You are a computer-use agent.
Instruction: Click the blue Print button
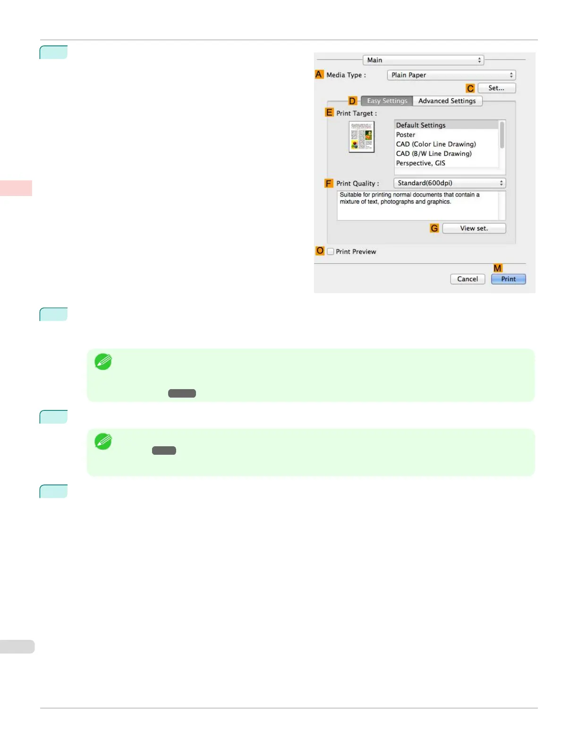click(x=508, y=279)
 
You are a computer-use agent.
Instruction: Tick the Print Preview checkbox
click(x=331, y=252)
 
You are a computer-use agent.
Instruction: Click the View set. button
click(x=474, y=229)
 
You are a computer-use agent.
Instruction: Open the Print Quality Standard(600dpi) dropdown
click(x=449, y=183)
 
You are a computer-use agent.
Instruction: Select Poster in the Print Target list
click(x=406, y=135)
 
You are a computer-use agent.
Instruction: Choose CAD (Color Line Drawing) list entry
click(x=436, y=144)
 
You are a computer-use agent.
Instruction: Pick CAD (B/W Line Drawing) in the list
click(x=433, y=153)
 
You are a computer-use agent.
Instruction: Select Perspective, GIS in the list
click(x=420, y=163)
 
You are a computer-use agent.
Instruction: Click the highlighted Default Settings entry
click(x=421, y=125)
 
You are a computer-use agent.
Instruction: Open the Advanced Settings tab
click(x=447, y=101)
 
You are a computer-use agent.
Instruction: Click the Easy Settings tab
click(x=387, y=101)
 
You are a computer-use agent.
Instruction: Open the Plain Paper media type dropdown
click(x=451, y=75)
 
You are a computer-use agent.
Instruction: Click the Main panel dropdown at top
click(x=423, y=60)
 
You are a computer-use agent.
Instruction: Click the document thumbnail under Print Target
click(x=362, y=137)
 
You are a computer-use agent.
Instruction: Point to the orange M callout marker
click(x=497, y=268)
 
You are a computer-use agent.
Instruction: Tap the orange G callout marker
click(x=434, y=229)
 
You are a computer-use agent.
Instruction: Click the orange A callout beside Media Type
click(x=319, y=75)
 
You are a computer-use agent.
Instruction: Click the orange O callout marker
click(x=320, y=251)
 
